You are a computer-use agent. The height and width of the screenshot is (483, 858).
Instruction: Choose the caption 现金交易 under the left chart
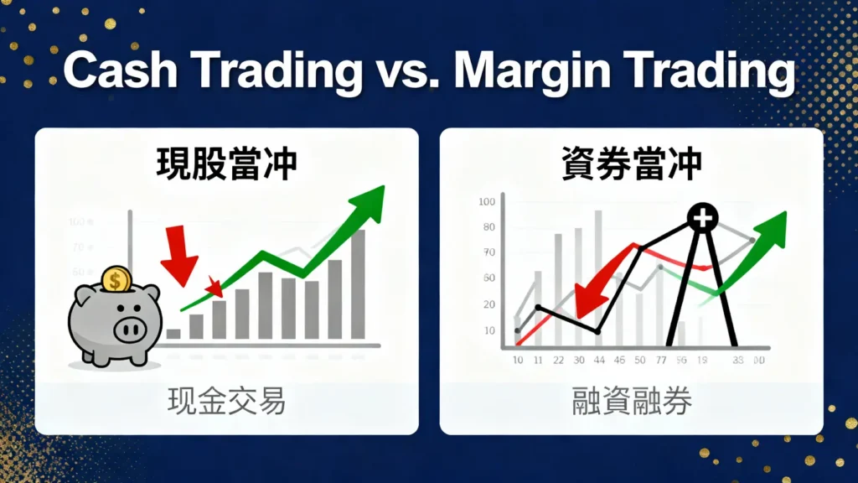coord(226,402)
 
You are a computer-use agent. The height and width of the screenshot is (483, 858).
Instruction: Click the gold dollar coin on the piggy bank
coord(116,278)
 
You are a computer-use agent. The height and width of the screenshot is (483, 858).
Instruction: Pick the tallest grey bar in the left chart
coord(358,284)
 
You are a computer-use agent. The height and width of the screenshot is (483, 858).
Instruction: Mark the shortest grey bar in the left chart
coord(173,333)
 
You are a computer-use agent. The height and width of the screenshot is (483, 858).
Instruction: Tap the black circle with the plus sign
coord(701,219)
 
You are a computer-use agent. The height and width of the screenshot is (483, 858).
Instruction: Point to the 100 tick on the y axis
coord(487,202)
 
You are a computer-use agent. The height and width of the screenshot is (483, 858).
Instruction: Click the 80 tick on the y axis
coord(488,227)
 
